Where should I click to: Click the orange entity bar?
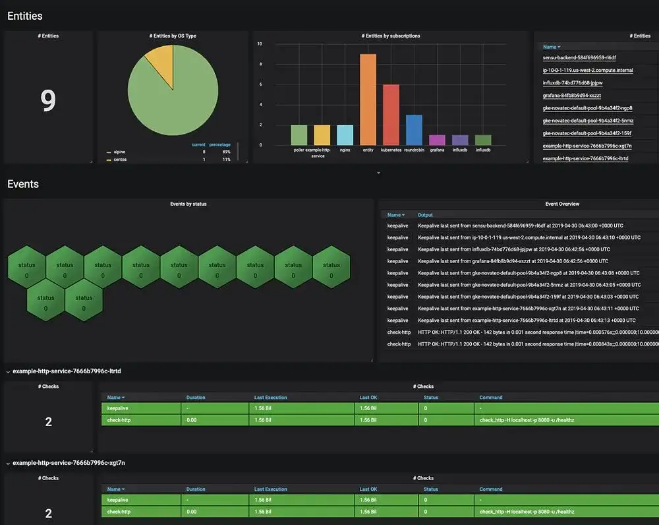368,99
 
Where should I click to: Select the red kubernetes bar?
391,115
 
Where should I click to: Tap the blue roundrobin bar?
414,130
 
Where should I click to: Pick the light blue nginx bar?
345,135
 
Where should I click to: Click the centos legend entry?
120,160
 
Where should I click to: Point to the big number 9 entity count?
48,100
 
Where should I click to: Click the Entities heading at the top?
25,16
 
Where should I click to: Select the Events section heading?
23,184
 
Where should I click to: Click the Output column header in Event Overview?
425,215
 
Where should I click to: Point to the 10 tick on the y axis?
260,44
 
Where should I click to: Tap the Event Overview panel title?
562,204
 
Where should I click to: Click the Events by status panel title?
188,204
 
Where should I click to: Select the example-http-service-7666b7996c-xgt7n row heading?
69,463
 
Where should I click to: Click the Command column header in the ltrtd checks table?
491,398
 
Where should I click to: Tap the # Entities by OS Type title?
173,36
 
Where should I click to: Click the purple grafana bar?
437,140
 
